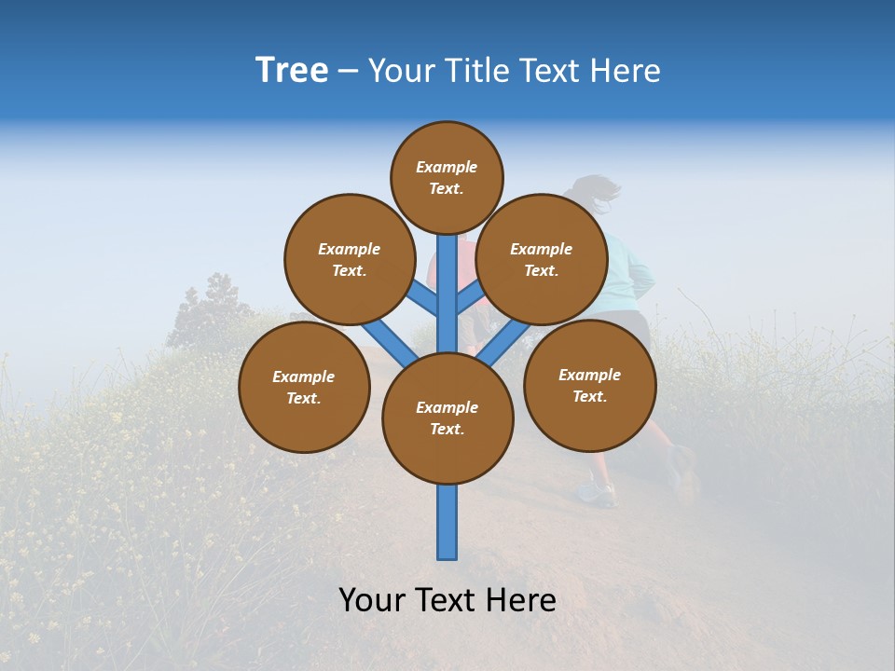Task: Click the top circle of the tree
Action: point(447,177)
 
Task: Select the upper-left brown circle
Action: point(350,259)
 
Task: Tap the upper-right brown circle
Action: point(542,259)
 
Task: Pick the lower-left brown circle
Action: point(304,387)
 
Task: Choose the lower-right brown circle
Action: point(589,385)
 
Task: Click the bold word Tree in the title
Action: point(292,70)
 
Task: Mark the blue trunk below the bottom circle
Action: point(447,522)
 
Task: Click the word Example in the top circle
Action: point(447,167)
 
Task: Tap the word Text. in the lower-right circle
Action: point(589,396)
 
